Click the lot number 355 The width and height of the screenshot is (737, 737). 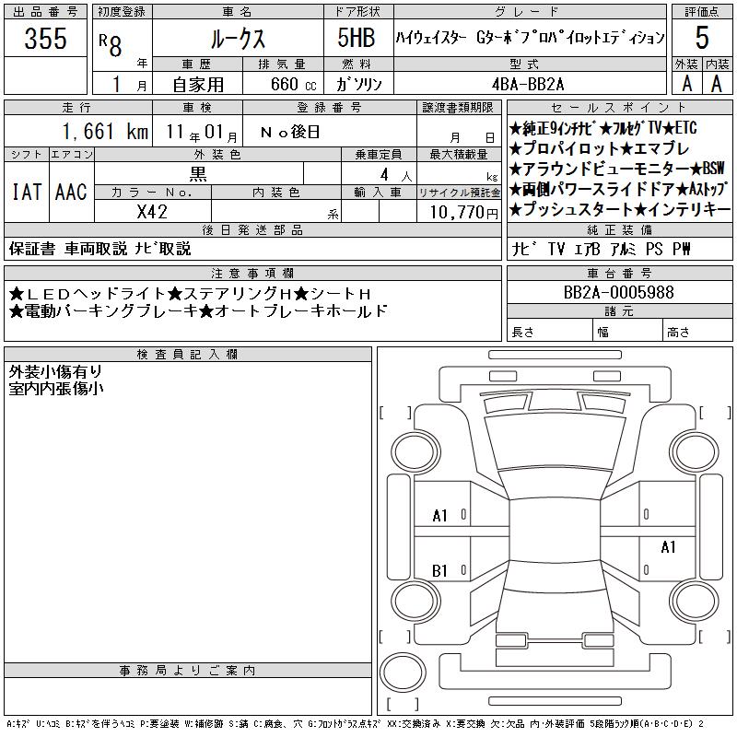click(x=45, y=38)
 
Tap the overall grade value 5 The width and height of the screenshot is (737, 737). click(x=702, y=38)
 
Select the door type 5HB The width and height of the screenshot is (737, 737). click(x=357, y=38)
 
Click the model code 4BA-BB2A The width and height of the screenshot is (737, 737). click(x=528, y=84)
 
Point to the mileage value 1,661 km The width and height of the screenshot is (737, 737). click(x=105, y=131)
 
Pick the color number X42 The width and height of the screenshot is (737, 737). click(x=152, y=212)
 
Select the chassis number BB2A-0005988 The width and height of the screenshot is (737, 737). click(x=618, y=292)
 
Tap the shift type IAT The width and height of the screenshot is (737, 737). click(x=27, y=192)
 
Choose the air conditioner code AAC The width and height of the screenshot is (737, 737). click(x=71, y=192)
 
